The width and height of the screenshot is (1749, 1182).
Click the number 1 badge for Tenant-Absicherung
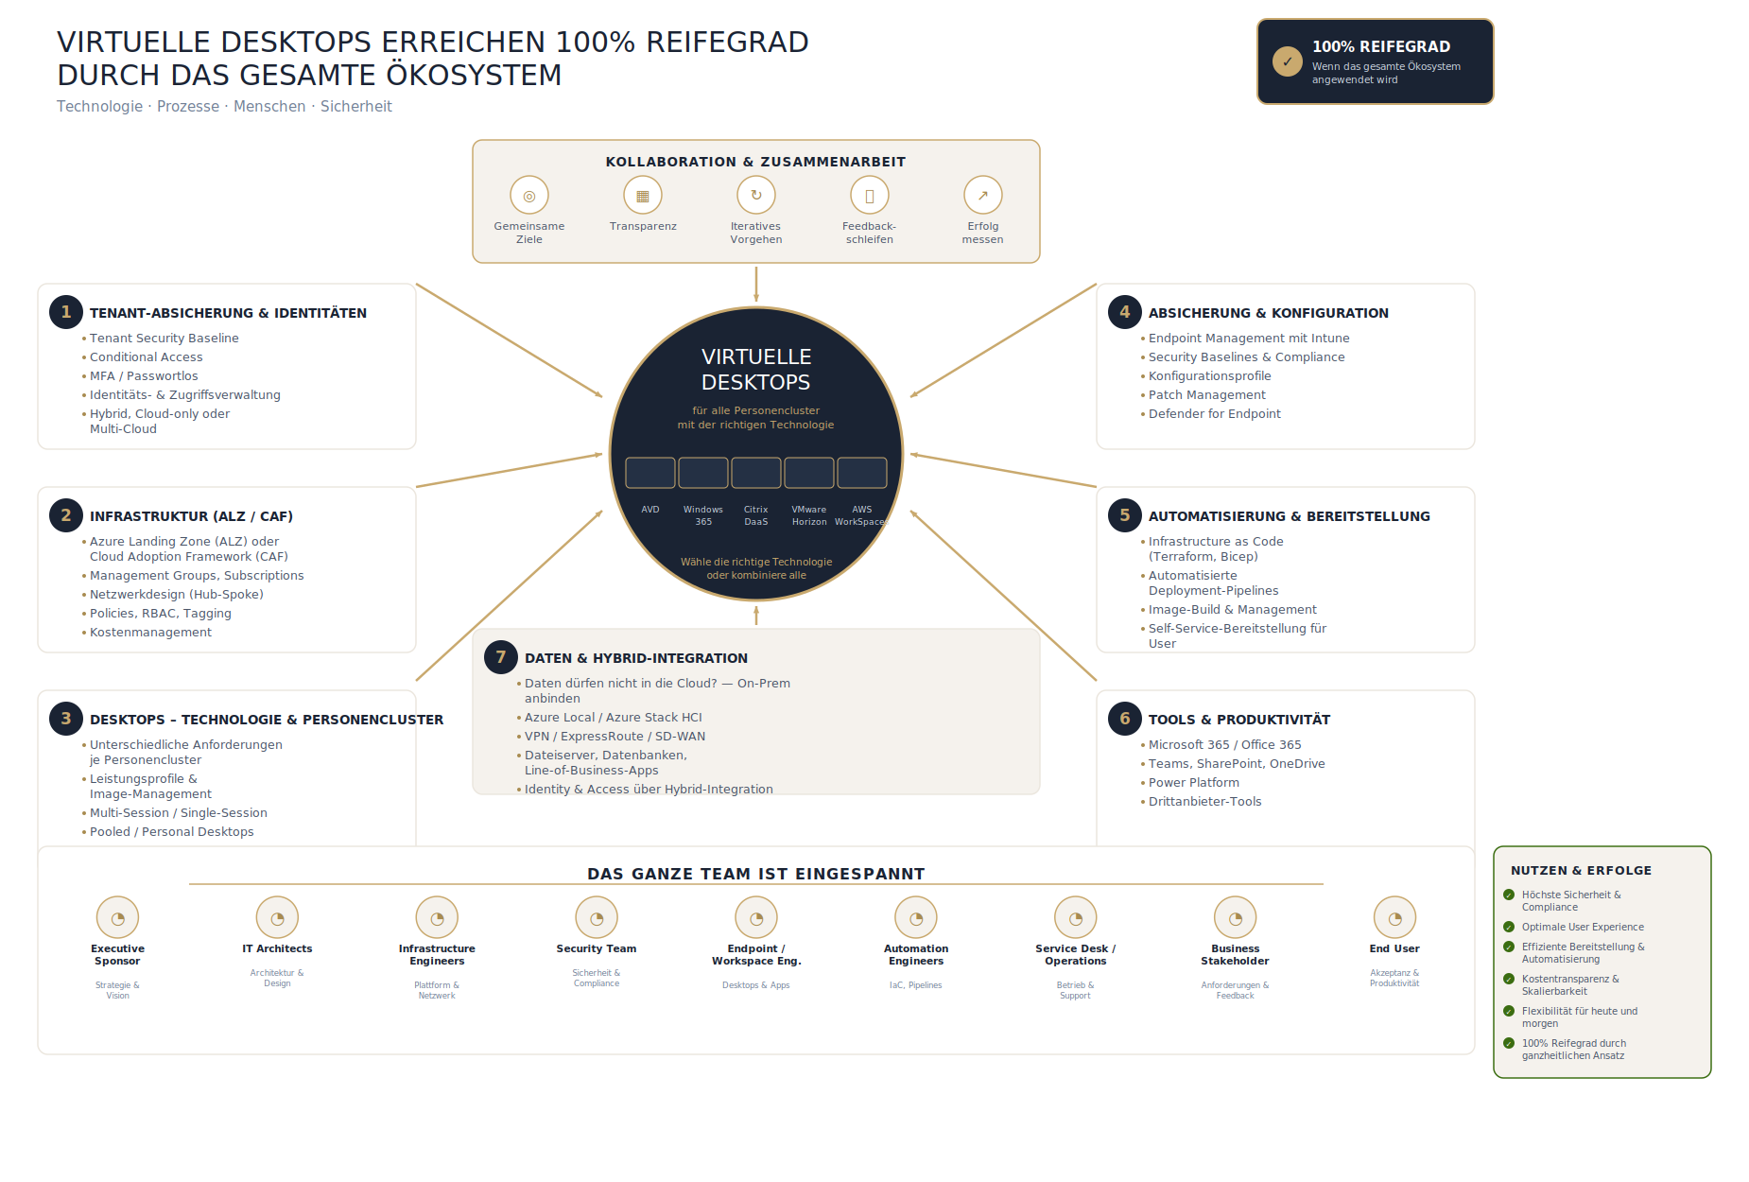(x=66, y=312)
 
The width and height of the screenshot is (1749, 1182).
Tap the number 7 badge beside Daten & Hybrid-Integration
(x=501, y=657)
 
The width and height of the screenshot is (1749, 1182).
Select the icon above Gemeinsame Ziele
(x=529, y=196)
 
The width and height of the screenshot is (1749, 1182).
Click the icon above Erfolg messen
(x=983, y=196)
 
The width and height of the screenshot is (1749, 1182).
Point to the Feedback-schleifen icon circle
(x=870, y=196)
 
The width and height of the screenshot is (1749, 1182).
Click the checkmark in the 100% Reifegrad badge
(x=1288, y=61)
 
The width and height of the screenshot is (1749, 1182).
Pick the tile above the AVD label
(x=650, y=473)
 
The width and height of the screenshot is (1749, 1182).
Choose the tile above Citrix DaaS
(x=756, y=473)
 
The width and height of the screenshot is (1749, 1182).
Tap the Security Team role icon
(x=597, y=917)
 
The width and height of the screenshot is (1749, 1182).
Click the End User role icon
(x=1394, y=917)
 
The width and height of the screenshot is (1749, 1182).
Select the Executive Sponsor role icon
(x=117, y=917)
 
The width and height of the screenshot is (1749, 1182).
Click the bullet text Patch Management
(x=1206, y=395)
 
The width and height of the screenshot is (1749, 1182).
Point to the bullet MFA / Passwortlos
(x=144, y=376)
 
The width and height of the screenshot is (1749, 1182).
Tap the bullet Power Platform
(x=1194, y=783)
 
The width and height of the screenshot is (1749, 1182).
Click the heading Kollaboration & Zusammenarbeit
(x=755, y=162)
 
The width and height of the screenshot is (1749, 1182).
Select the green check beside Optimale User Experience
(x=1509, y=927)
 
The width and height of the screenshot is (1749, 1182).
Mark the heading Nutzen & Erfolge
(x=1582, y=870)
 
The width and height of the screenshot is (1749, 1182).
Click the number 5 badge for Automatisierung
(x=1125, y=515)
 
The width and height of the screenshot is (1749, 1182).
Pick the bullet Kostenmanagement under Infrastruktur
(x=150, y=633)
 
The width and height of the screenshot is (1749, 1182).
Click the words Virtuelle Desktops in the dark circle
(x=756, y=370)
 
